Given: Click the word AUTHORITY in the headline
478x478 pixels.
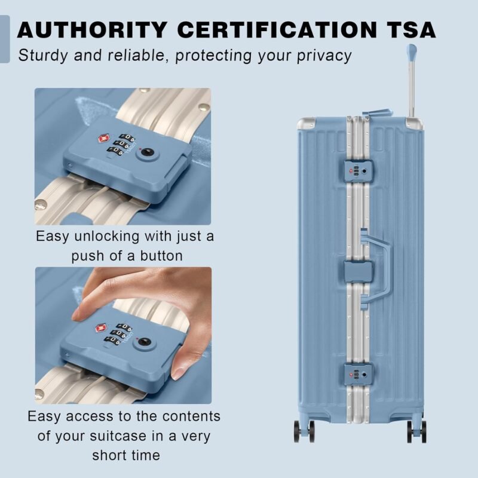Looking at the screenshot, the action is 92,30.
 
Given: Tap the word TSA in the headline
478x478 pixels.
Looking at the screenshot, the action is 411,30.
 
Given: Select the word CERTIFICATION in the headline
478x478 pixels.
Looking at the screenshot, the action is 277,30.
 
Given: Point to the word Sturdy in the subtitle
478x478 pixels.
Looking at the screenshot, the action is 43,56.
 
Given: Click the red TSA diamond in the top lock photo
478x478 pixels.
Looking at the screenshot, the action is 104,139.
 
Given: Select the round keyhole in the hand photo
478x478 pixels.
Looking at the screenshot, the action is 143,341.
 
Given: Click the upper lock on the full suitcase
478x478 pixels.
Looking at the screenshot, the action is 359,171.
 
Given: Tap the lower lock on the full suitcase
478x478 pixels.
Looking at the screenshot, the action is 358,375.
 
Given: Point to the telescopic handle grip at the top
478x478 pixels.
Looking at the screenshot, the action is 412,51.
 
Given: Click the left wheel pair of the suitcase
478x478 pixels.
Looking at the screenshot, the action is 304,431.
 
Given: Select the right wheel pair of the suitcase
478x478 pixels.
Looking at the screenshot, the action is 416,431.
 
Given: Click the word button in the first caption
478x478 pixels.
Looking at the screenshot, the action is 161,256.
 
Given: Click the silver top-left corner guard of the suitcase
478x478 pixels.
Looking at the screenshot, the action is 306,123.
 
